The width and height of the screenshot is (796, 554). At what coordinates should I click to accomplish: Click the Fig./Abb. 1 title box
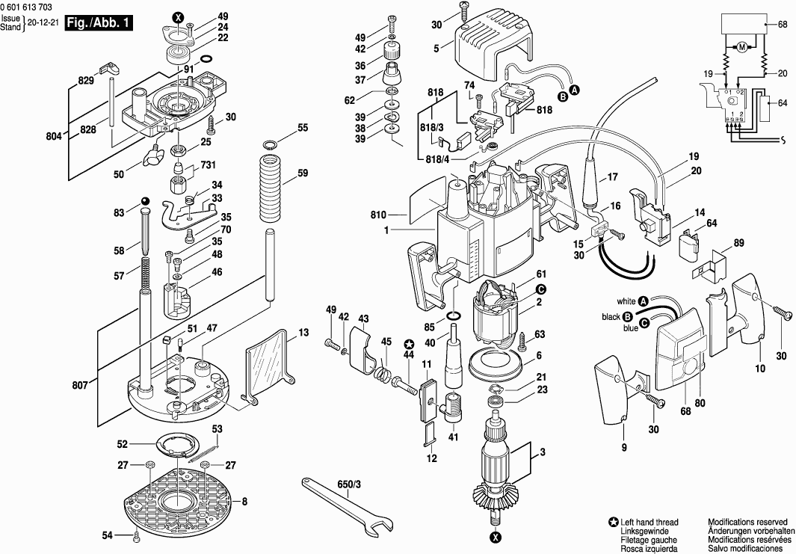click(99, 23)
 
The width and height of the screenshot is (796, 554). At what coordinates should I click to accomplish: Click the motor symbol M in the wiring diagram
click(742, 48)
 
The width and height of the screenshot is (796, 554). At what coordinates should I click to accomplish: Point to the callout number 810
click(378, 215)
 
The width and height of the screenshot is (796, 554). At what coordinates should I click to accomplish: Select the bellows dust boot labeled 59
click(270, 188)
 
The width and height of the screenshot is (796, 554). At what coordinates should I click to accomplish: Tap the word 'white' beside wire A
click(626, 301)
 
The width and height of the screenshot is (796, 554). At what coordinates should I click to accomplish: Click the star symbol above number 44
click(409, 344)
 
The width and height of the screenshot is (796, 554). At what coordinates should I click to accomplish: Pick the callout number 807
click(80, 386)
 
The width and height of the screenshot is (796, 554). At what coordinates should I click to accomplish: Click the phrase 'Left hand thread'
click(650, 523)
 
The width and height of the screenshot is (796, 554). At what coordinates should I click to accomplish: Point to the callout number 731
click(208, 164)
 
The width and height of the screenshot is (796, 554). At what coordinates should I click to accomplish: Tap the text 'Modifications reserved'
click(747, 522)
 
